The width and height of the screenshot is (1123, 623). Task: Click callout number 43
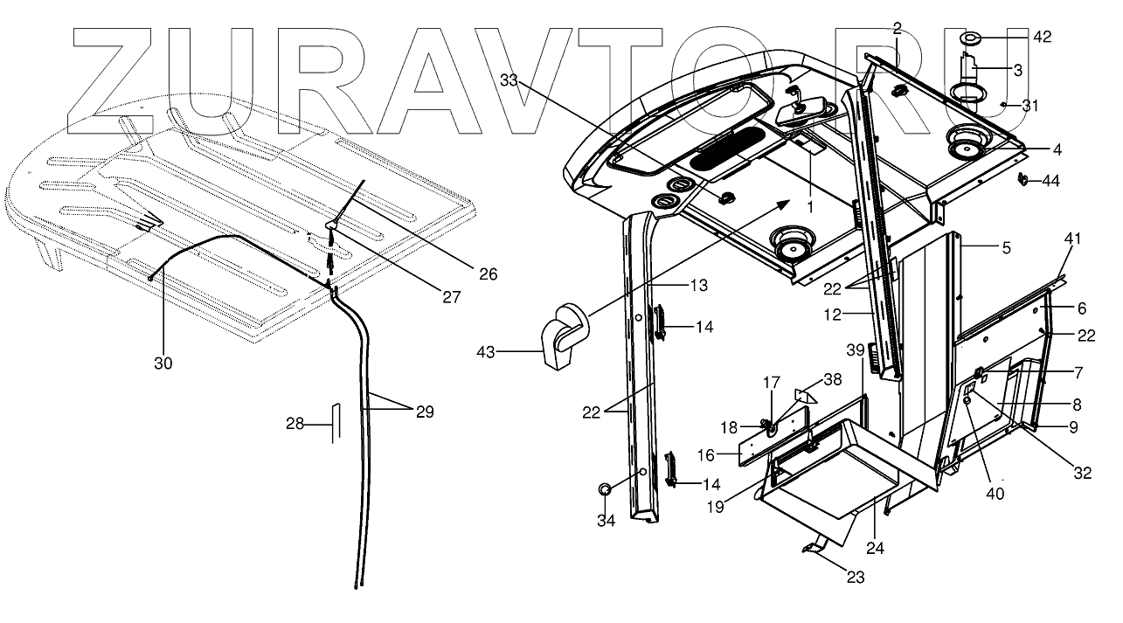click(485, 351)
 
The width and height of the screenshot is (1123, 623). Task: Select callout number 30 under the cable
click(163, 363)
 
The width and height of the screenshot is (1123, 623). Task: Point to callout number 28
click(295, 424)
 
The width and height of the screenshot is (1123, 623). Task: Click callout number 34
click(606, 521)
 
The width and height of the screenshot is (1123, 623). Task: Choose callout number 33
click(510, 80)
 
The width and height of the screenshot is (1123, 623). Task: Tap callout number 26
click(488, 274)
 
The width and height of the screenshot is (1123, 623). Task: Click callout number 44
click(1051, 181)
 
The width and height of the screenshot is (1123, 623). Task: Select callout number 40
click(995, 493)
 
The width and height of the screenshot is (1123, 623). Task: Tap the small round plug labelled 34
click(605, 489)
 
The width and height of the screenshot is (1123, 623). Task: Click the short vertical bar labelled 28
click(333, 424)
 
